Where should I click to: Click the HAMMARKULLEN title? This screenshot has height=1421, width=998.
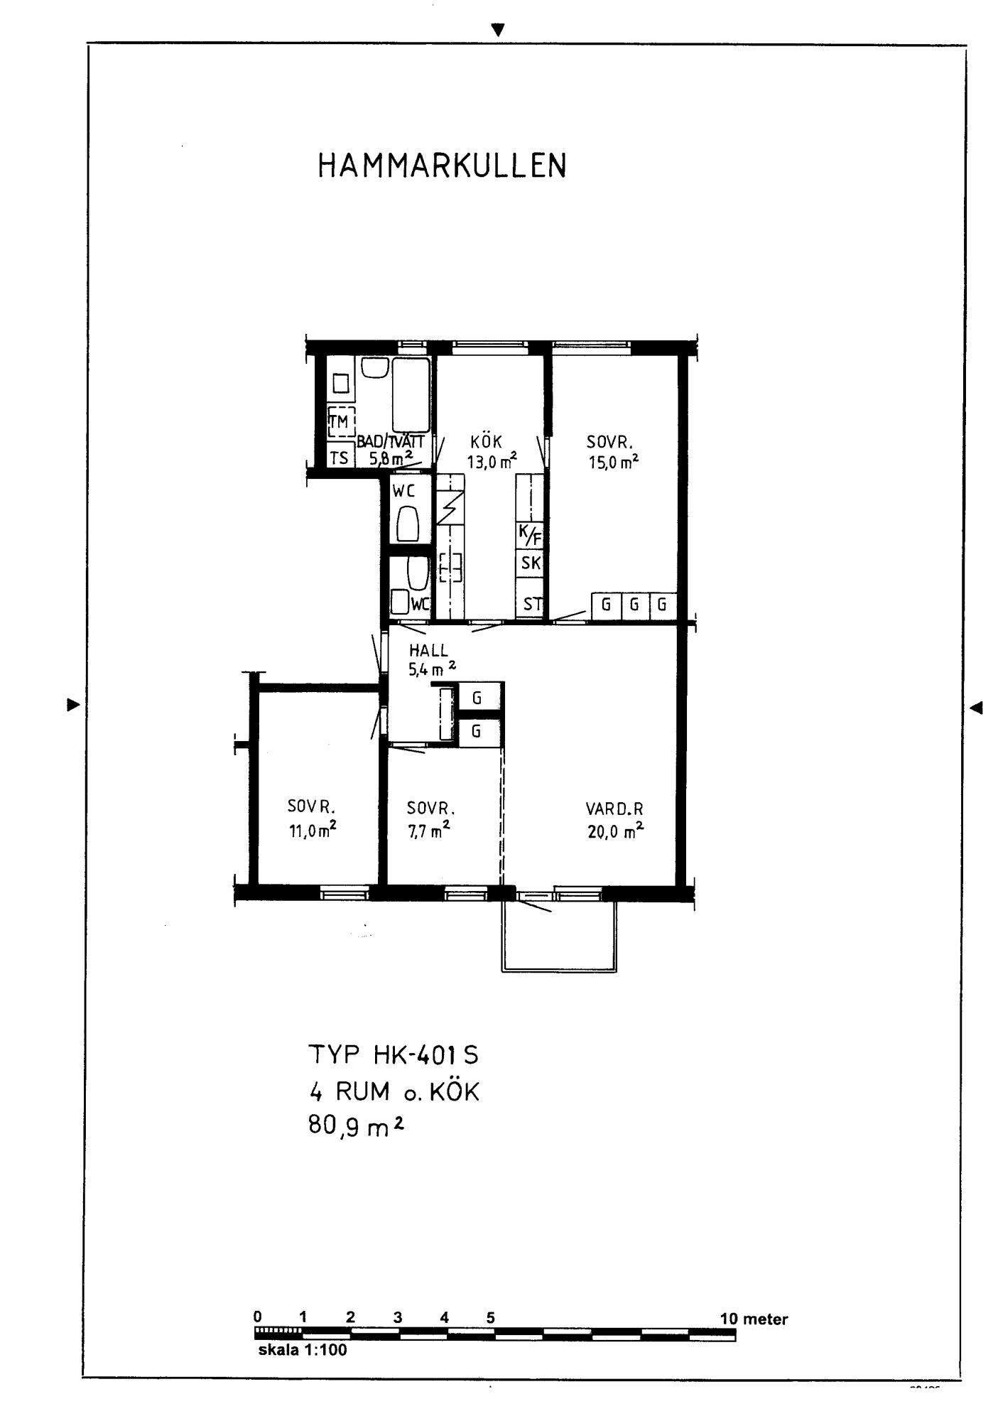coord(442,166)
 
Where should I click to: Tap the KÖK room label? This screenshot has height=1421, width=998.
coord(486,441)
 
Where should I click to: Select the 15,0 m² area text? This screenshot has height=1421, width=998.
coord(613,462)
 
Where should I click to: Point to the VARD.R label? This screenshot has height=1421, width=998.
coord(615,809)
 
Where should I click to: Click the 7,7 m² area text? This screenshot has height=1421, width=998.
coord(428,829)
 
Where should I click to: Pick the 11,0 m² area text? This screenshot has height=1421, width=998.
coord(313,829)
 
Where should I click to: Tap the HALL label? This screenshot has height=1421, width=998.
coord(428,650)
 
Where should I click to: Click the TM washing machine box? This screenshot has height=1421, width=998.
coord(341,421)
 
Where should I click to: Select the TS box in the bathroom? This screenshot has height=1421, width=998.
coord(340,458)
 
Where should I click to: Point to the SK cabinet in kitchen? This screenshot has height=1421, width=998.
coord(530,563)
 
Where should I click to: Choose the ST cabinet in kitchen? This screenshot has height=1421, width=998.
coord(530,604)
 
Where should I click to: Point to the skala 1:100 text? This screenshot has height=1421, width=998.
coord(303,1350)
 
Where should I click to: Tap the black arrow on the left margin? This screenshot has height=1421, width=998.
coord(73,705)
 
